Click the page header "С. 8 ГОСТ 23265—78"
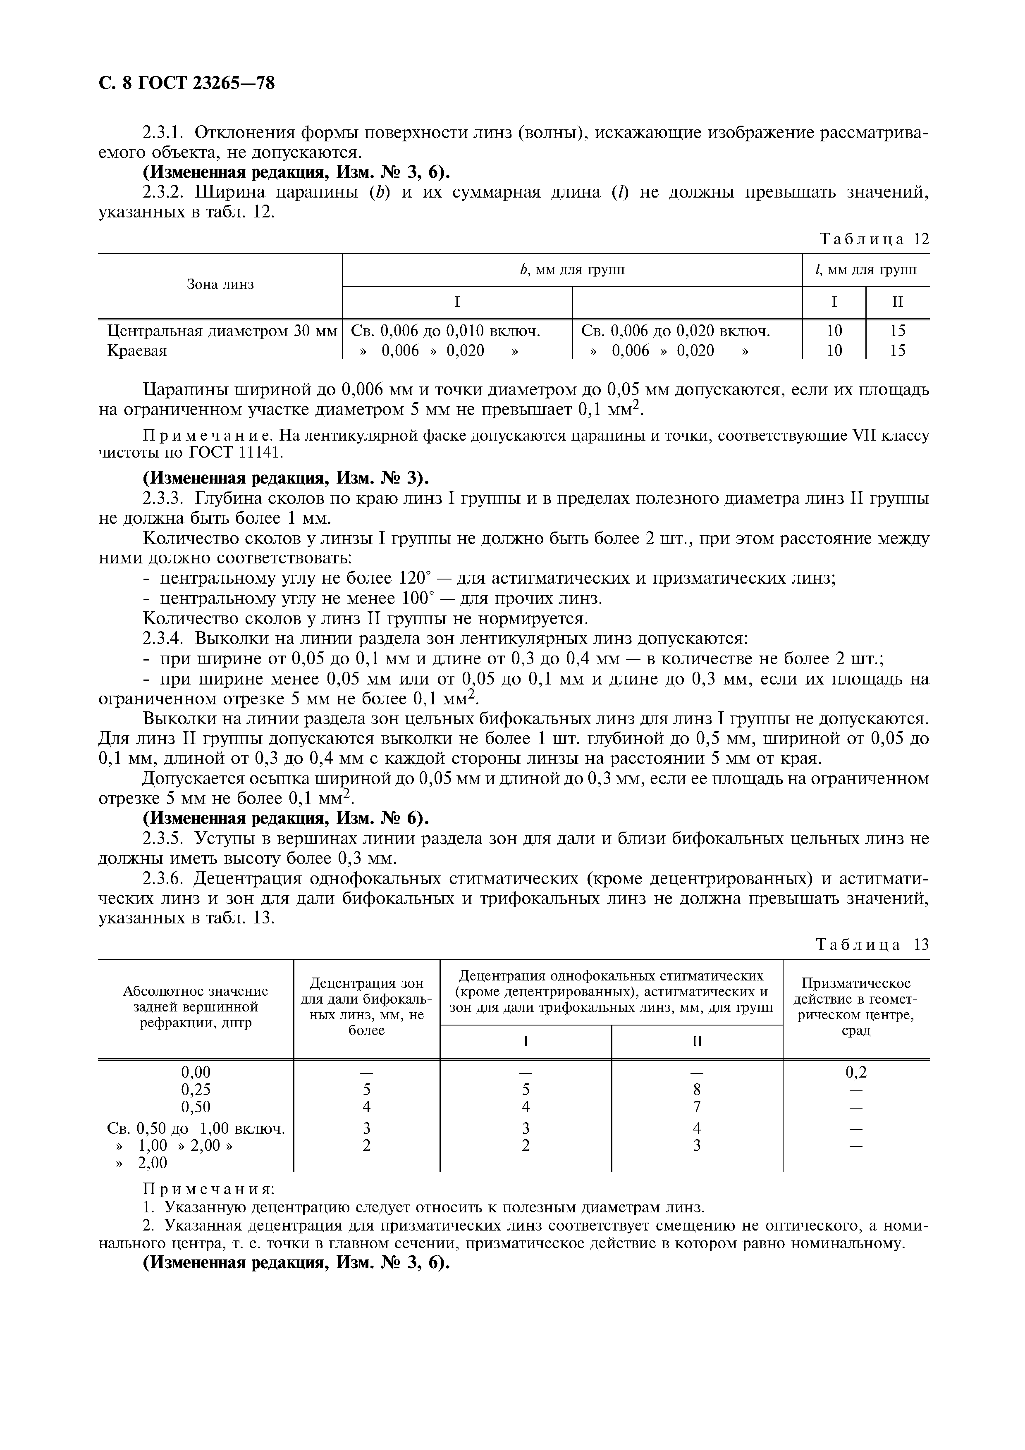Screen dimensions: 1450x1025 tap(187, 83)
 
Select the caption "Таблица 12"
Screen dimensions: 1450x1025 tap(874, 239)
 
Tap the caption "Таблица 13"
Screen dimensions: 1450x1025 tap(873, 944)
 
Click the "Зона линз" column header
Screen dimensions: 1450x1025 tap(220, 284)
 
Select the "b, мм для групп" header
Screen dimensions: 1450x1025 tap(571, 269)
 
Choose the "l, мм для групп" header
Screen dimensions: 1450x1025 tap(866, 269)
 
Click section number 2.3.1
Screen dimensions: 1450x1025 tap(163, 133)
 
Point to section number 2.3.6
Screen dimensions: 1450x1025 tap(163, 878)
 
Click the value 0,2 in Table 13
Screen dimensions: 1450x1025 tap(856, 1072)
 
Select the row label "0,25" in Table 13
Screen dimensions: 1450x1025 tap(196, 1090)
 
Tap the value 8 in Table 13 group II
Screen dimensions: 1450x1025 tap(697, 1090)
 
